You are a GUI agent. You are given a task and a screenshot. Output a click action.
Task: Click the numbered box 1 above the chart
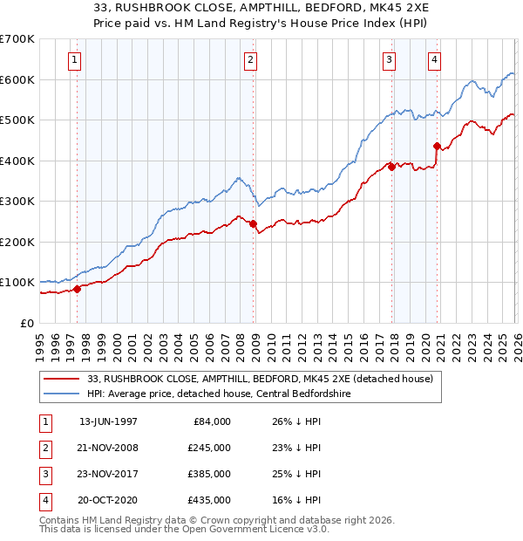click(75, 60)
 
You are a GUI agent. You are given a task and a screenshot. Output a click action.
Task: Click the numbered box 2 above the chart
click(250, 60)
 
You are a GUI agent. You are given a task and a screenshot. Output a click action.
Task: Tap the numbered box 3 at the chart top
click(389, 60)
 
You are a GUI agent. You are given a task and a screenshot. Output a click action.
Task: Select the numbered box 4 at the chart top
click(433, 60)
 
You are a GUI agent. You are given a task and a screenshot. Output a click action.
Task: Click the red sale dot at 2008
click(253, 223)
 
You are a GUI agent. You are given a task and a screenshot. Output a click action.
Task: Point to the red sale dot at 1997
click(78, 289)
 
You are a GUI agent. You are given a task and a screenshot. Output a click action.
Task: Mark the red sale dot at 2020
click(437, 146)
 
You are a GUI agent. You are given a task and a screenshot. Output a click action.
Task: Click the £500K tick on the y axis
click(17, 120)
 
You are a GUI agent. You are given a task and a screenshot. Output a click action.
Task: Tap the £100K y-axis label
click(17, 283)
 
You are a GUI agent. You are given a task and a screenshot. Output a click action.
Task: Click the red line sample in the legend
click(63, 378)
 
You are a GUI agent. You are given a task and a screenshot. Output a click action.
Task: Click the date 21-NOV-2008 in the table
click(108, 448)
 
